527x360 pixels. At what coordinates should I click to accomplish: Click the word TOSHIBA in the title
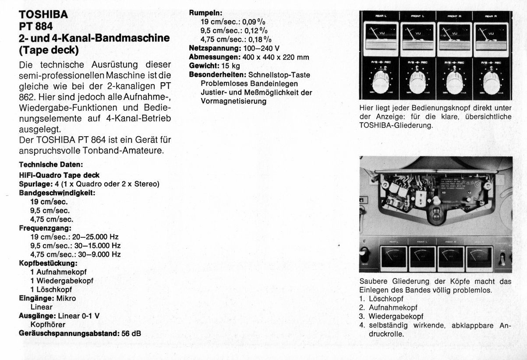click(44, 14)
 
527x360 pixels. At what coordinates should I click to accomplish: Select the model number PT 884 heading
click(36, 26)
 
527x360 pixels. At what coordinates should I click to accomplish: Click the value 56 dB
click(131, 333)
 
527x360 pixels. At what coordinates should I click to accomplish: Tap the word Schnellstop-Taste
click(279, 75)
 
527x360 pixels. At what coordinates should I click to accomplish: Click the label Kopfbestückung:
click(48, 263)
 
